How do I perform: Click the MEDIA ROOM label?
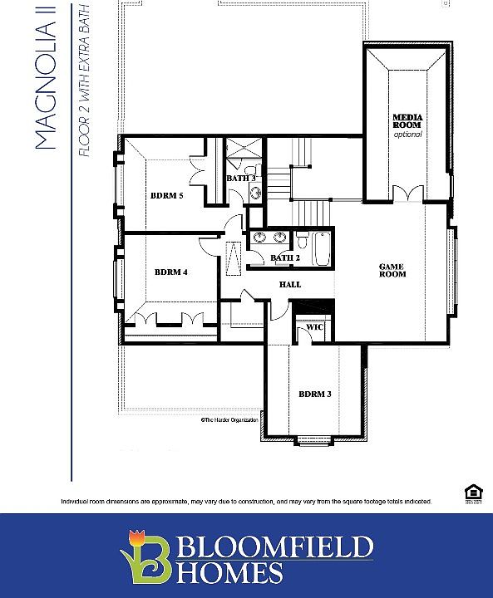407,121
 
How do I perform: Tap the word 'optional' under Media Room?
407,135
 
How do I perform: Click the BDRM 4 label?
170,272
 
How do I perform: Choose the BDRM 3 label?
315,394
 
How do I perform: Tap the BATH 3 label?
241,179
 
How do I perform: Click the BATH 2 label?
285,257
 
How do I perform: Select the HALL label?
289,285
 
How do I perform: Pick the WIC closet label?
314,327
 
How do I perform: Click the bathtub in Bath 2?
322,248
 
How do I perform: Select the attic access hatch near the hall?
234,257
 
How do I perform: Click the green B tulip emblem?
146,556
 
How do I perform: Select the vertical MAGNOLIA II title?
47,79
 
